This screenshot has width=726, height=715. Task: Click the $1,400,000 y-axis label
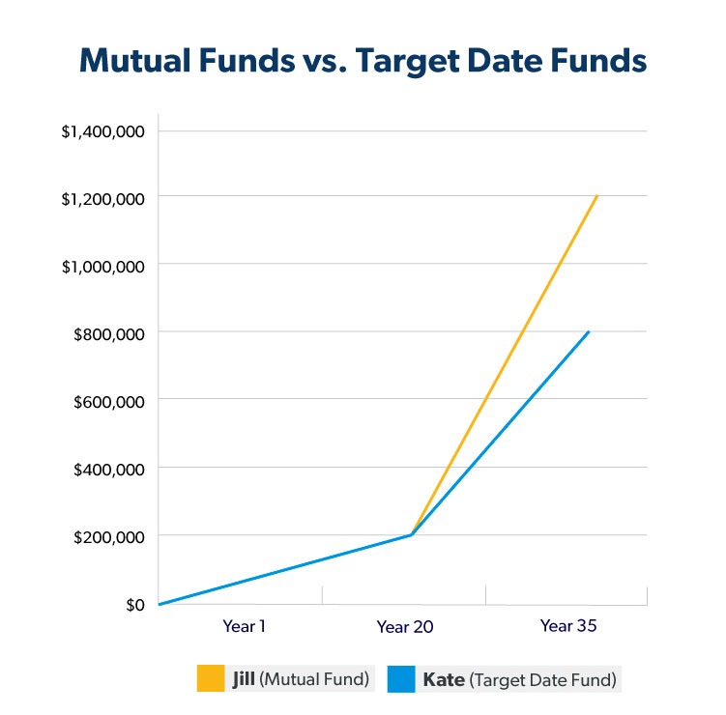tap(102, 130)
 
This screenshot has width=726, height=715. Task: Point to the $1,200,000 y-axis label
tap(102, 198)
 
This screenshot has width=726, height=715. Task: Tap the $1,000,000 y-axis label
tap(102, 265)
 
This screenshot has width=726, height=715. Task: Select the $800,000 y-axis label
tap(108, 332)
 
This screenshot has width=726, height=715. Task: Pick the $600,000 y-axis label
tap(108, 400)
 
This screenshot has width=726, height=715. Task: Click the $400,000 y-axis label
tap(108, 469)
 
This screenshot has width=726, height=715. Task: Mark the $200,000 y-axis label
tap(108, 536)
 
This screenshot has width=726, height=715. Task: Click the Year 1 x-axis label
tap(245, 626)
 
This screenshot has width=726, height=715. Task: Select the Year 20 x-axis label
tap(405, 627)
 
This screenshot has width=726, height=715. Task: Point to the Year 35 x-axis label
tap(569, 626)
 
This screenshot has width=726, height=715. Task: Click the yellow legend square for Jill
tap(211, 678)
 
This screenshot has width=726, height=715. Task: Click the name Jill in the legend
tap(244, 678)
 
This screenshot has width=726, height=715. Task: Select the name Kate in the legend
tap(444, 679)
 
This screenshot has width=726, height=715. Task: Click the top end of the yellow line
tap(597, 196)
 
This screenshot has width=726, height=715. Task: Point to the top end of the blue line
tap(588, 332)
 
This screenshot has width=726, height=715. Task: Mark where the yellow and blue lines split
tap(412, 534)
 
